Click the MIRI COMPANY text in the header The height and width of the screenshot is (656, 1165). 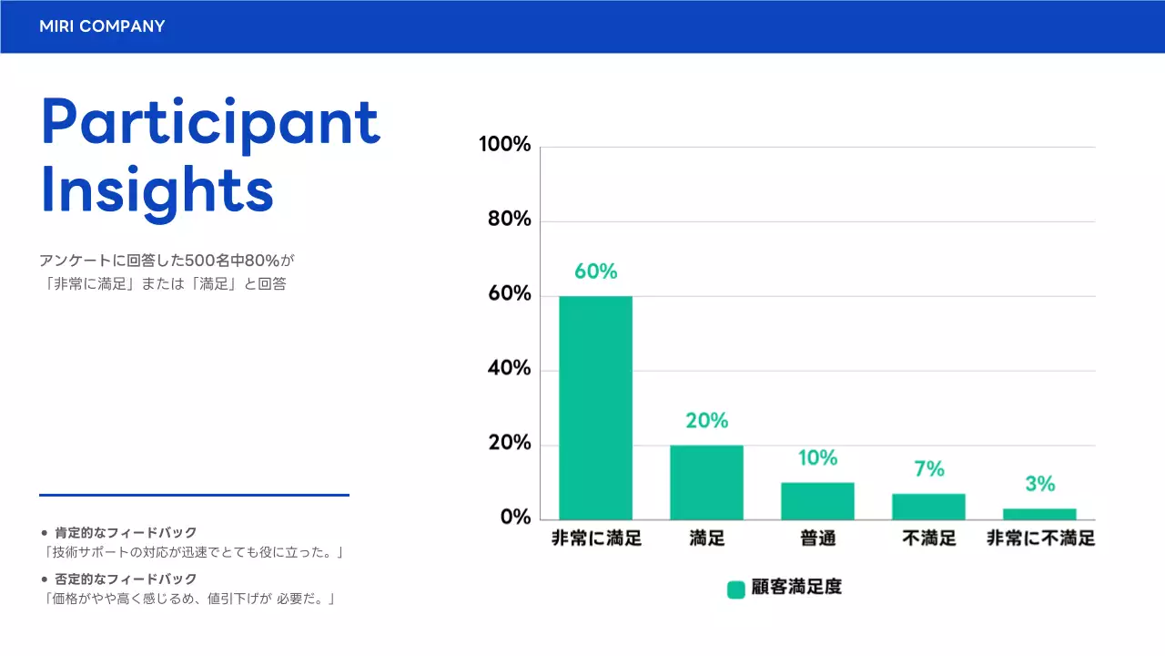(102, 26)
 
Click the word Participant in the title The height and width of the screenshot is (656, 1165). (210, 124)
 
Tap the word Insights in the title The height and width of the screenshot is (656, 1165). (157, 190)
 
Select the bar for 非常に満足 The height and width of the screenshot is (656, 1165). (595, 407)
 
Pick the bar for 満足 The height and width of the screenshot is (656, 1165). (706, 482)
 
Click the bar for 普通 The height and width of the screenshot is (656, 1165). (817, 501)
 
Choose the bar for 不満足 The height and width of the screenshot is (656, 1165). (928, 507)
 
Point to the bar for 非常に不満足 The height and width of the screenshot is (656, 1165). (1039, 514)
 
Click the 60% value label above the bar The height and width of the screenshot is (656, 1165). (595, 272)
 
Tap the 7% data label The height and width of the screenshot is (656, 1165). (929, 469)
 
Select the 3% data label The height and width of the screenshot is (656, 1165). (1040, 483)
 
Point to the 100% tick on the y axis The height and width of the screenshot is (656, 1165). (505, 145)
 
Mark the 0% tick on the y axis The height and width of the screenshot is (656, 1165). (514, 518)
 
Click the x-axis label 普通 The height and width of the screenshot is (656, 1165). (817, 538)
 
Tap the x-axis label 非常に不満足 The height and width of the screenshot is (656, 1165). (1040, 538)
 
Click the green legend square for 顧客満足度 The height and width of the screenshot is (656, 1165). (736, 589)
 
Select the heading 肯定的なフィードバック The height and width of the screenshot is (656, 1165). (126, 532)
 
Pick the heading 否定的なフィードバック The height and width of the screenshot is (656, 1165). (126, 579)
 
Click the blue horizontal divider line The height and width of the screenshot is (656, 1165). (194, 496)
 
